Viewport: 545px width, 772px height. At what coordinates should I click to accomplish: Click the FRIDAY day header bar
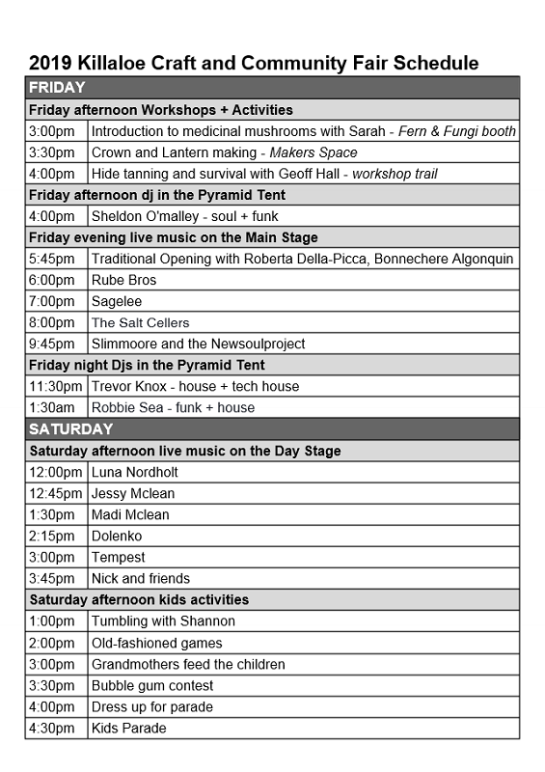click(272, 88)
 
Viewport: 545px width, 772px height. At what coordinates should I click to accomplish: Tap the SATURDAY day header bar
click(272, 428)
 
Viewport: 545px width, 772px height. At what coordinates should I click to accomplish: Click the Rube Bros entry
click(123, 280)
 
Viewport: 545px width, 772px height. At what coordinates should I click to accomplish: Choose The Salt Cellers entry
click(140, 322)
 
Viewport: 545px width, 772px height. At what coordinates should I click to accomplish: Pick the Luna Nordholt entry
click(134, 472)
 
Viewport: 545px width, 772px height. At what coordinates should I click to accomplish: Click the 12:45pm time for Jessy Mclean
click(55, 493)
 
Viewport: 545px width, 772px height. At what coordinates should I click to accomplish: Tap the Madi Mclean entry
click(130, 514)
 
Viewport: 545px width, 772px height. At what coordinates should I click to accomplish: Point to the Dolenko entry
click(117, 536)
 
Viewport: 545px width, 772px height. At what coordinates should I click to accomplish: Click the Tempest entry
click(119, 557)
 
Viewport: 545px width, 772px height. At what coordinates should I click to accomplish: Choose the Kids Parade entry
click(128, 728)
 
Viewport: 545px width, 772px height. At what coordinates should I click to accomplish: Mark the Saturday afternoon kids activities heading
click(139, 599)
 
